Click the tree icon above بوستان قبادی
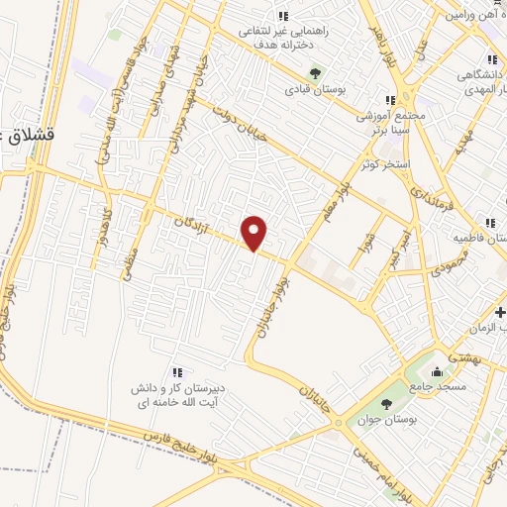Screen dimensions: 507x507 (316, 72)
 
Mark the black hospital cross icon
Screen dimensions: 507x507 (499, 313)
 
